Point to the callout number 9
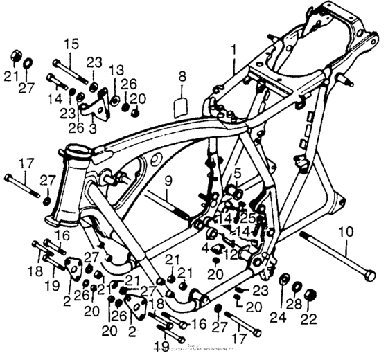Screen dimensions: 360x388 tap(167, 183)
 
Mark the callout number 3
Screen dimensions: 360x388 tap(92, 128)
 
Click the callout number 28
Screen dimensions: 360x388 tap(296, 305)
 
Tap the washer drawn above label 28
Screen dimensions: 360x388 tap(296, 286)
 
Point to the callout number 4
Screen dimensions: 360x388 tap(206, 246)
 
